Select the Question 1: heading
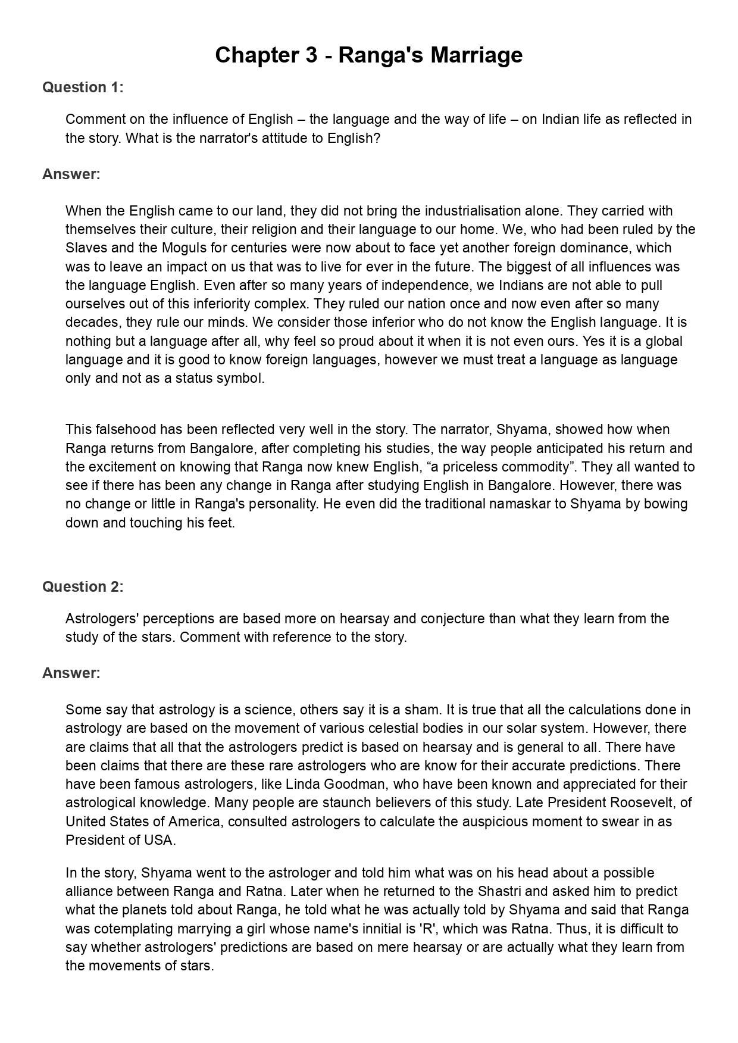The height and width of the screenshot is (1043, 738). tap(83, 88)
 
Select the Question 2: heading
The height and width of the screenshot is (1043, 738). tap(83, 586)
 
